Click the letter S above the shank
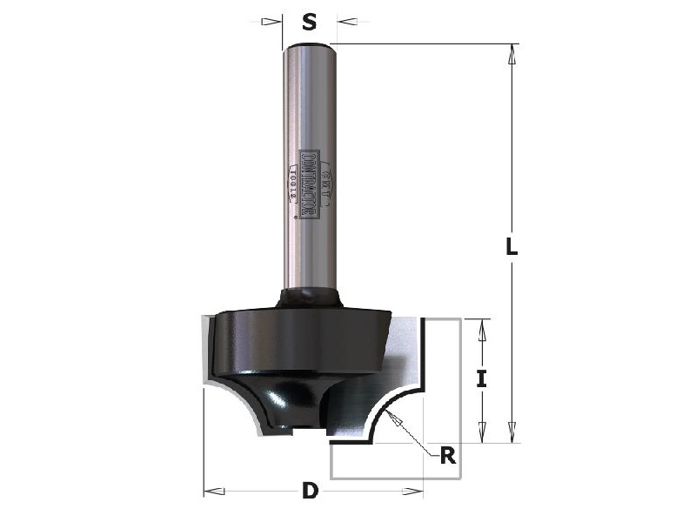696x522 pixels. click(309, 22)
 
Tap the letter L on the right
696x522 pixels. click(512, 246)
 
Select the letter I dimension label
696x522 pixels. click(480, 378)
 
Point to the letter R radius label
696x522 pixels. click(447, 455)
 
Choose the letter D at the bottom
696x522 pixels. click(309, 492)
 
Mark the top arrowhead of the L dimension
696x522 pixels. click(512, 52)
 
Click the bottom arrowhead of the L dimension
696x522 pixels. click(512, 434)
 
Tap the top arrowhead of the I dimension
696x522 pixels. click(480, 327)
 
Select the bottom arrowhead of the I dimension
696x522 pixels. click(480, 434)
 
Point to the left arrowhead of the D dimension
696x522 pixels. click(211, 492)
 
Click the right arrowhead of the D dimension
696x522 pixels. click(415, 492)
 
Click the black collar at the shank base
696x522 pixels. click(309, 298)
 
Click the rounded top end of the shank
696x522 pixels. click(309, 43)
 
